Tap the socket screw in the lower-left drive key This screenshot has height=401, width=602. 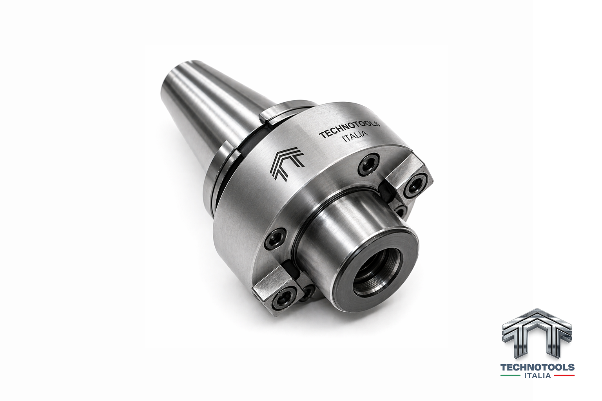point(282,300)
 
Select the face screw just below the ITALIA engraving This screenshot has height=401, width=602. point(369,164)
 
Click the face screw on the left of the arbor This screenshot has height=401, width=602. point(276,239)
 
